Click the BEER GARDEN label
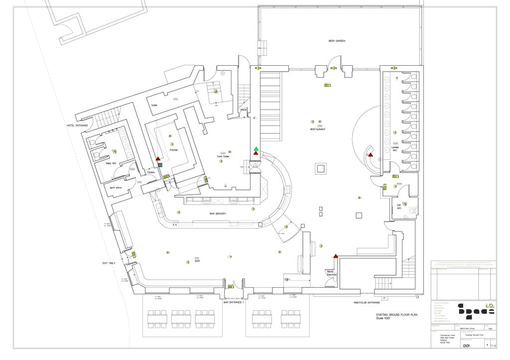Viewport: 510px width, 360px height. pyautogui.click(x=337, y=41)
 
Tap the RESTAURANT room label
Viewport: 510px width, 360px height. pyautogui.click(x=318, y=129)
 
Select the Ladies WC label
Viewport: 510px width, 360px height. pyautogui.click(x=395, y=148)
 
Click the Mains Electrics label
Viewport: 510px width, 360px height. pyautogui.click(x=332, y=273)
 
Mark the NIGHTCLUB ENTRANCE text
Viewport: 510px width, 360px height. pyautogui.click(x=367, y=302)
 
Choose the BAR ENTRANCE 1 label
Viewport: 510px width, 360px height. pyautogui.click(x=234, y=302)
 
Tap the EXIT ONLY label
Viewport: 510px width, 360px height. pyautogui.click(x=109, y=263)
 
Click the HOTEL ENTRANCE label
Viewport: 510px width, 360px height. pyautogui.click(x=77, y=125)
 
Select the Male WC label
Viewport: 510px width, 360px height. pyautogui.click(x=111, y=163)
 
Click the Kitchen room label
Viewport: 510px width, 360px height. pyautogui.click(x=174, y=150)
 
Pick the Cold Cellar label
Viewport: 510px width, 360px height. pyautogui.click(x=223, y=156)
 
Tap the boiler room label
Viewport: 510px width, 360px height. pyautogui.click(x=154, y=105)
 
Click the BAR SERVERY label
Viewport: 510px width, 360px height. pyautogui.click(x=217, y=214)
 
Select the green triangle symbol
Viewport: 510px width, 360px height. pyautogui.click(x=256, y=148)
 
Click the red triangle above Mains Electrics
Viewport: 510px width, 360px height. pyautogui.click(x=336, y=256)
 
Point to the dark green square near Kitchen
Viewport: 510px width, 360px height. pyautogui.click(x=160, y=165)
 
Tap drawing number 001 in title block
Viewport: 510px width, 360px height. pyautogui.click(x=467, y=346)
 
